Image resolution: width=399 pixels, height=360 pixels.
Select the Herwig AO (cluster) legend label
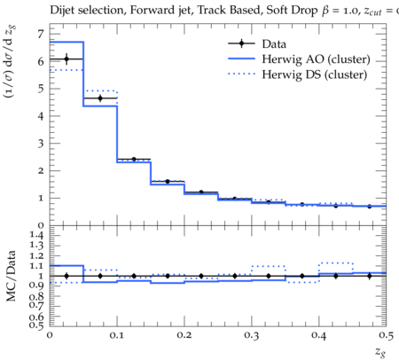(316, 59)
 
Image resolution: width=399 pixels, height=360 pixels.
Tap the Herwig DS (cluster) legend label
(315, 74)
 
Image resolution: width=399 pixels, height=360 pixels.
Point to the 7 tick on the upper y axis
(40, 35)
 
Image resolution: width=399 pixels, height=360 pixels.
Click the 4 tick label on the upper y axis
(40, 116)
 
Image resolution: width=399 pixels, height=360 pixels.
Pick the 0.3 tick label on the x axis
(252, 335)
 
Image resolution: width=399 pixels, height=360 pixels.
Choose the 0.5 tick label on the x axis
(386, 335)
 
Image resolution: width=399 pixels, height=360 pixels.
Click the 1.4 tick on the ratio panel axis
(36, 235)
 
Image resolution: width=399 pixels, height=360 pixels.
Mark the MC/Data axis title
(11, 276)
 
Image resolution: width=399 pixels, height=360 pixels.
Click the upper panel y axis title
(10, 61)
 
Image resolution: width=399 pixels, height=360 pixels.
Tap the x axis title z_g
(380, 352)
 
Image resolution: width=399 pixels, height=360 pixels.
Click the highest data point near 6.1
(66, 59)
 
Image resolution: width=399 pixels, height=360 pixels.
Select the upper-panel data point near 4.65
(100, 98)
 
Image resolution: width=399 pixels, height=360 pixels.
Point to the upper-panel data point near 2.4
(134, 160)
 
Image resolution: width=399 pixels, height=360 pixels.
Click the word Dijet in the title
(62, 11)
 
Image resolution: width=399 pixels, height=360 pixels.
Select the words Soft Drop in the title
(292, 11)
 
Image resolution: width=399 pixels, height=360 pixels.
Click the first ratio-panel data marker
(66, 276)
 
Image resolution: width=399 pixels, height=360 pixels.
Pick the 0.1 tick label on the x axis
(117, 335)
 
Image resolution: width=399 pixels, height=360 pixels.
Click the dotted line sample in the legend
(241, 74)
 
